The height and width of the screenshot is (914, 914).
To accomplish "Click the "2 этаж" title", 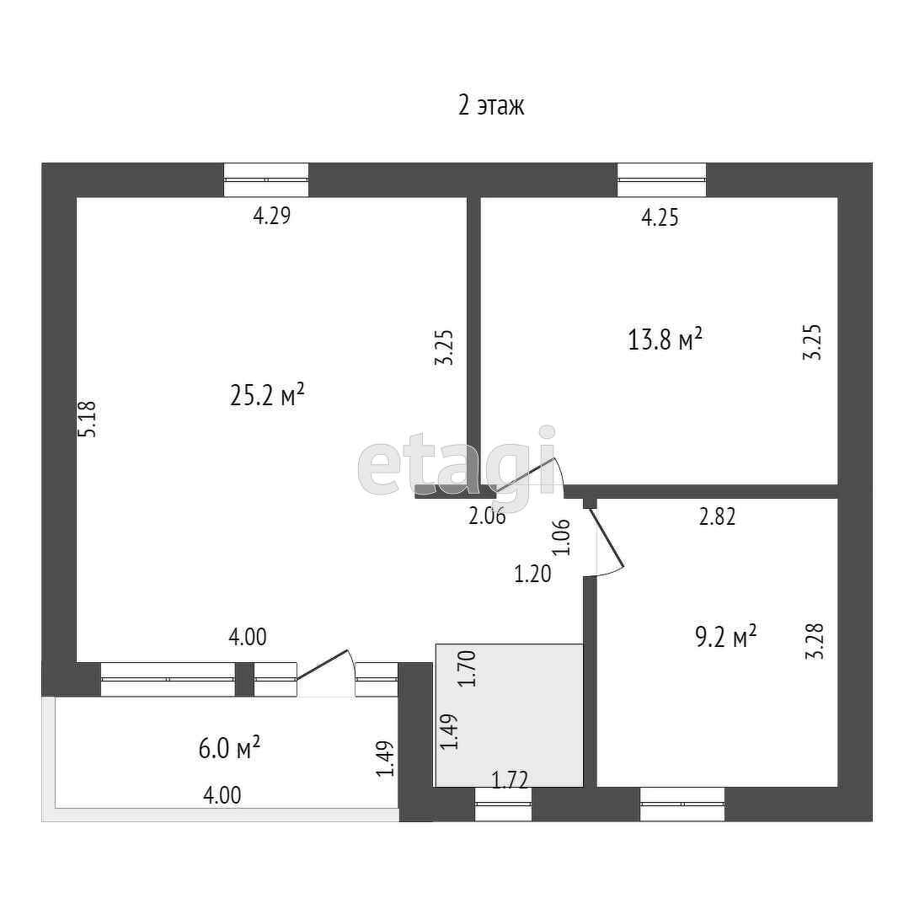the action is (491, 106).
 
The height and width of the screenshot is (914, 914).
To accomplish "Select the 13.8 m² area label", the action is (665, 340).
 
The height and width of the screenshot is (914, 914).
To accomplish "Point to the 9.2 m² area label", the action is (725, 636).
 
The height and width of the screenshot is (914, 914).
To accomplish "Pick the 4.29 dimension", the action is (271, 216).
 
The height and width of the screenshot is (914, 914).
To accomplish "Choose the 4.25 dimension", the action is (660, 218).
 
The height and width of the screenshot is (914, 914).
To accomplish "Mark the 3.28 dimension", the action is (814, 641).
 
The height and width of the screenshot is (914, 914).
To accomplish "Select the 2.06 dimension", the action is (487, 517).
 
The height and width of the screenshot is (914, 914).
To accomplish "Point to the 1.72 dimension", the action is (509, 780).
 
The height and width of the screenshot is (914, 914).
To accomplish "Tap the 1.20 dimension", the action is (532, 575).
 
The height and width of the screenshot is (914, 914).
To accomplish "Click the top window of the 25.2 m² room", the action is (266, 179).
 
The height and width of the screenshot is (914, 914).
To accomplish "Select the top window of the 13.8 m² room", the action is (661, 179).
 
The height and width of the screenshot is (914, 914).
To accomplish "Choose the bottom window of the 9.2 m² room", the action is (682, 804).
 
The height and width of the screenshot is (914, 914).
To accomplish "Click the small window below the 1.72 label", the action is (504, 804).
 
